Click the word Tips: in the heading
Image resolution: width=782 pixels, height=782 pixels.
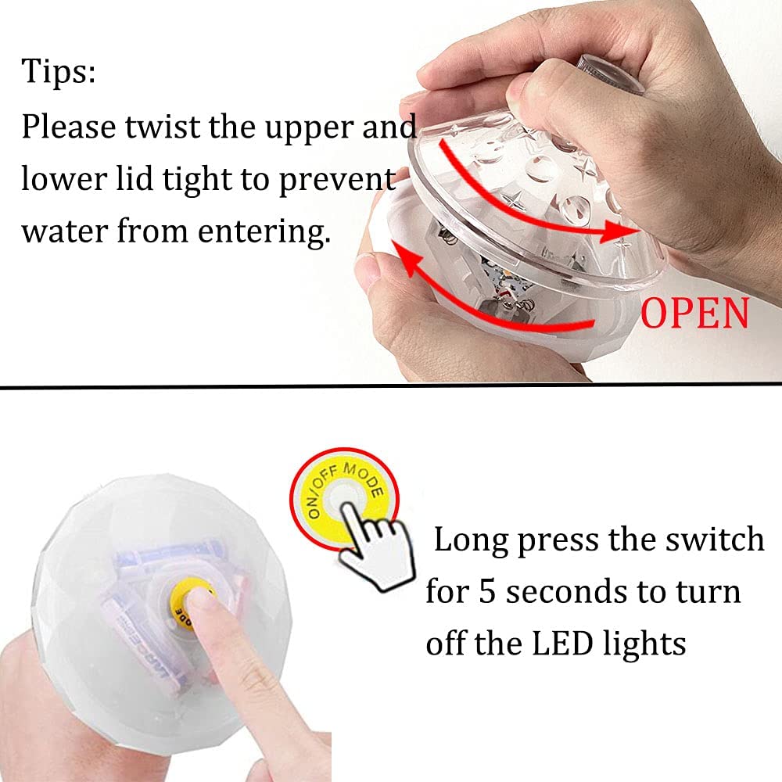click(x=59, y=72)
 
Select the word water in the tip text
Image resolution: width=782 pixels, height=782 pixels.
click(x=64, y=232)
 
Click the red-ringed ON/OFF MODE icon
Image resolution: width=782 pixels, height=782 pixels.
click(x=345, y=493)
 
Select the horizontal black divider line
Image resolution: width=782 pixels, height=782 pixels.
click(x=391, y=386)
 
